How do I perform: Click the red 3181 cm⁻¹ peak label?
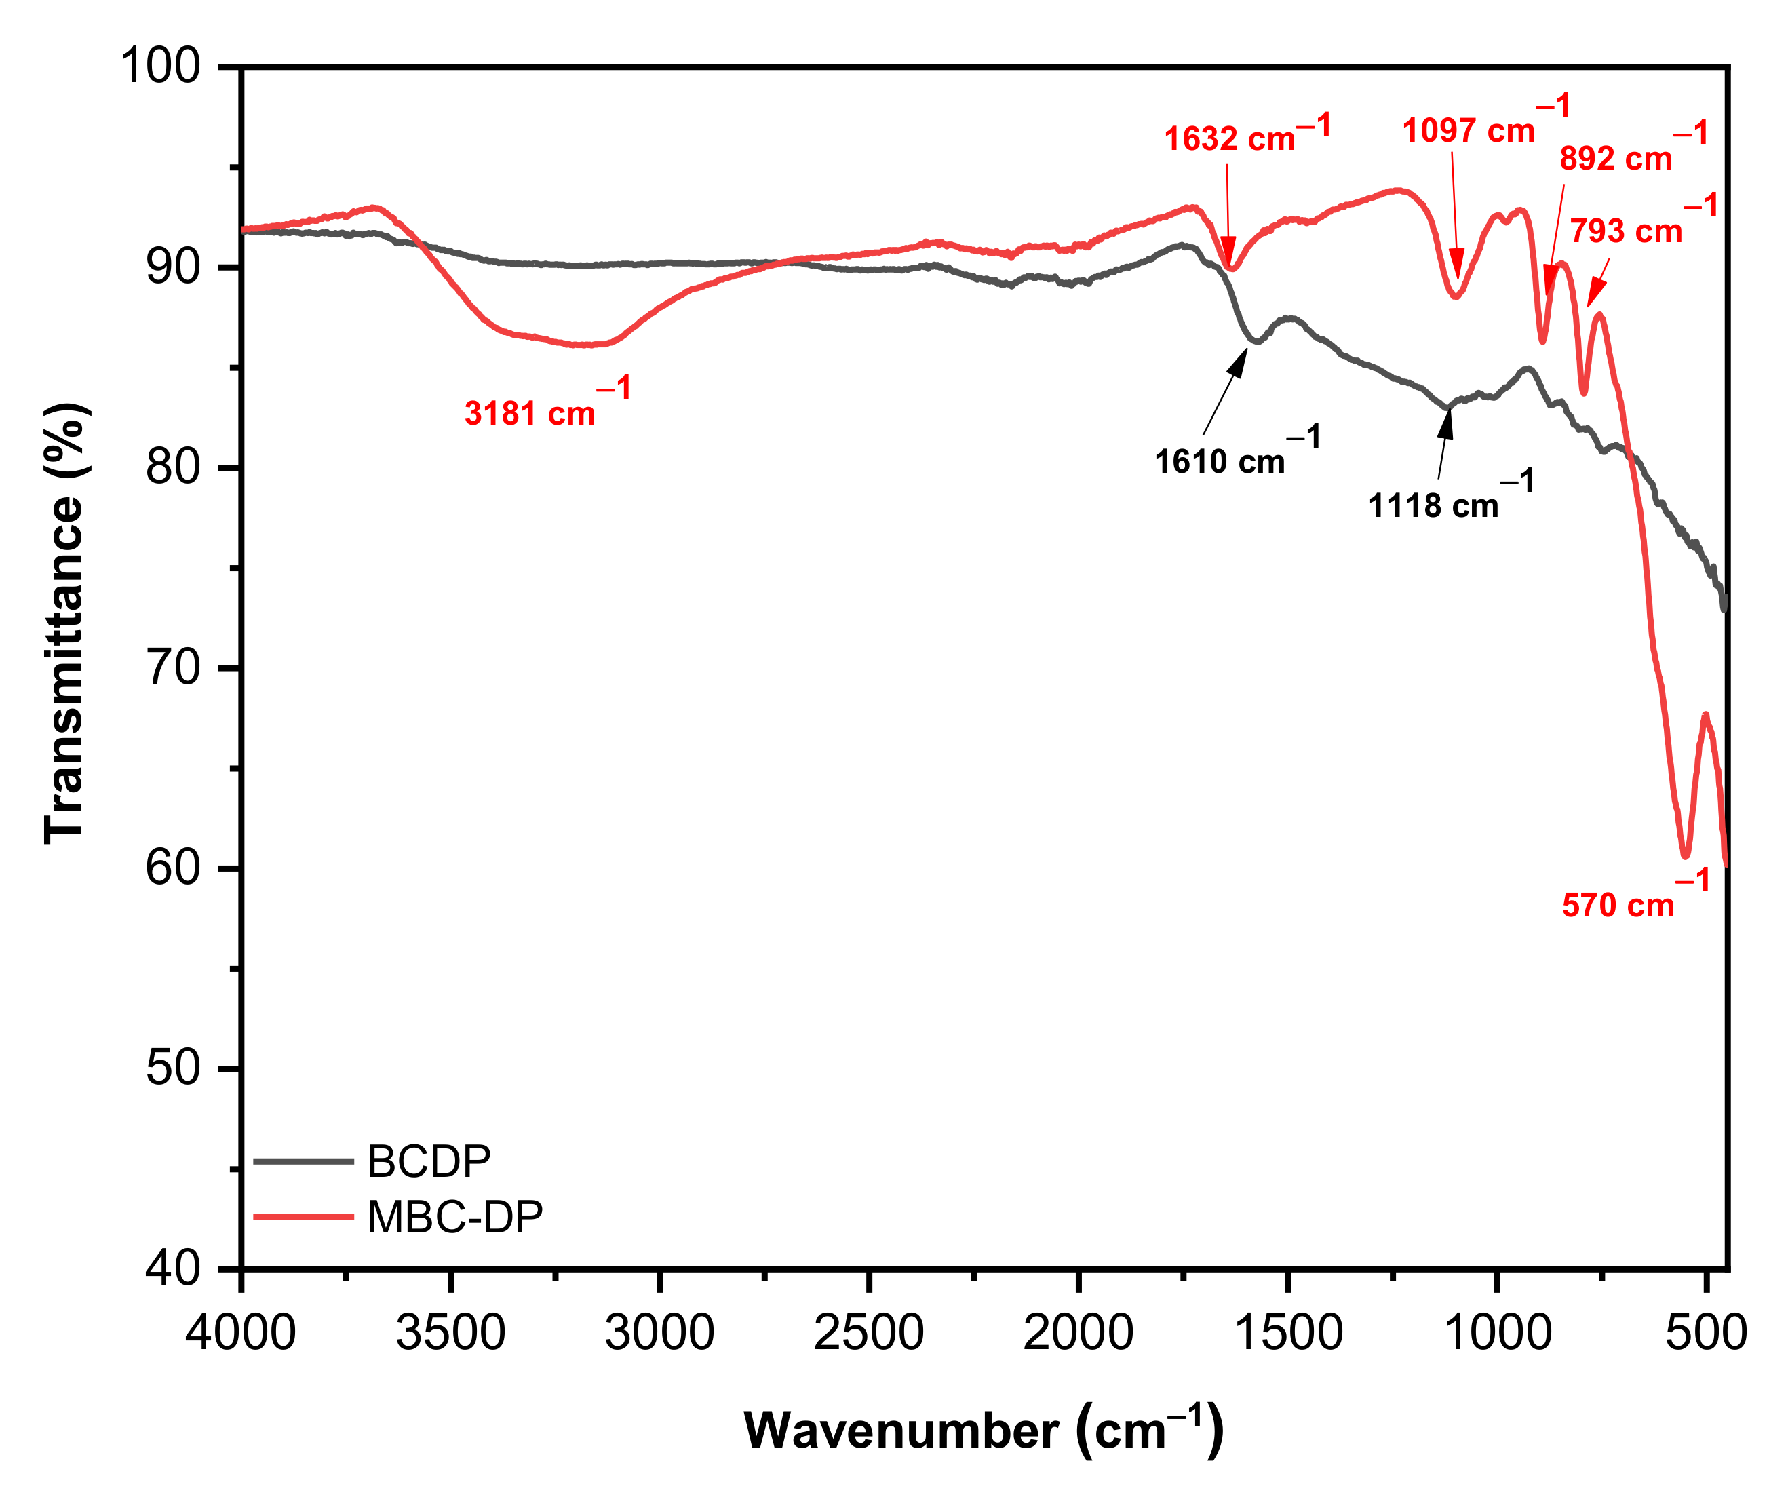[547, 404]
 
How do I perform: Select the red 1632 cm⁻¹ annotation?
[1245, 134]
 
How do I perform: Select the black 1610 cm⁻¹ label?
[1237, 453]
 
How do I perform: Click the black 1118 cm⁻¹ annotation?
[1450, 497]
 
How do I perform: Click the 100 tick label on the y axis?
[160, 66]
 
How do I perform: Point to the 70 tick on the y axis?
[173, 668]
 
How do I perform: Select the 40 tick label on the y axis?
[173, 1268]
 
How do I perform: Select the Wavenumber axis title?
[984, 1431]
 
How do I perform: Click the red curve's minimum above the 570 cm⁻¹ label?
[1686, 855]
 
